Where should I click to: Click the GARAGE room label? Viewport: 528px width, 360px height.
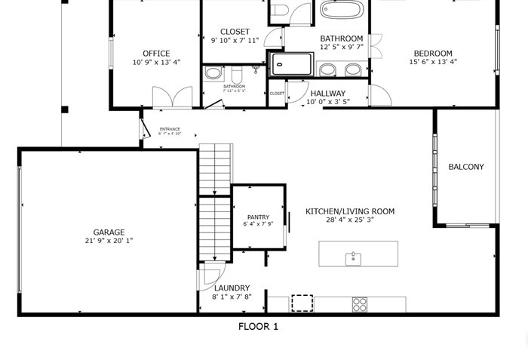pos(109,232)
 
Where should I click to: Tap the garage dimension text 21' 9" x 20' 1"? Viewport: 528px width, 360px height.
pos(109,241)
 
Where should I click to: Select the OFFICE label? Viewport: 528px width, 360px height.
pos(156,54)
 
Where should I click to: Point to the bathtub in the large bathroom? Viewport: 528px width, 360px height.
pos(341,10)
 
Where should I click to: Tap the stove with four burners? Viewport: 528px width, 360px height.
pos(360,304)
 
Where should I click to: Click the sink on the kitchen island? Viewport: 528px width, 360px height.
pos(353,259)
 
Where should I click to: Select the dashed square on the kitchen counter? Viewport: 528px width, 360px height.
pos(302,303)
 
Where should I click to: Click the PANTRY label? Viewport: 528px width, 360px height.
pos(258,217)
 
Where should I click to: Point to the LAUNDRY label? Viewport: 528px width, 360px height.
pos(232,288)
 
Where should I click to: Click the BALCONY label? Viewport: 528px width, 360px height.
pos(465,167)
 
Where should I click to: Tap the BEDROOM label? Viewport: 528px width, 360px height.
pos(433,54)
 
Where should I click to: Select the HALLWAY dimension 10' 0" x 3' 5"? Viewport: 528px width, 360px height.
pos(327,102)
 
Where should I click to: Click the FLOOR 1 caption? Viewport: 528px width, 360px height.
pos(258,327)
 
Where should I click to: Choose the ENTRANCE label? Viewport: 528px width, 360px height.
pos(170,129)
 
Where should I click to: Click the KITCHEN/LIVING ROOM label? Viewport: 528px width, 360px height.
pos(349,212)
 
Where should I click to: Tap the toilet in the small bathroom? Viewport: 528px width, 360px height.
pos(235,75)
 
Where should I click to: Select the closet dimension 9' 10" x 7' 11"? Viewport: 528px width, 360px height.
pos(235,40)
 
